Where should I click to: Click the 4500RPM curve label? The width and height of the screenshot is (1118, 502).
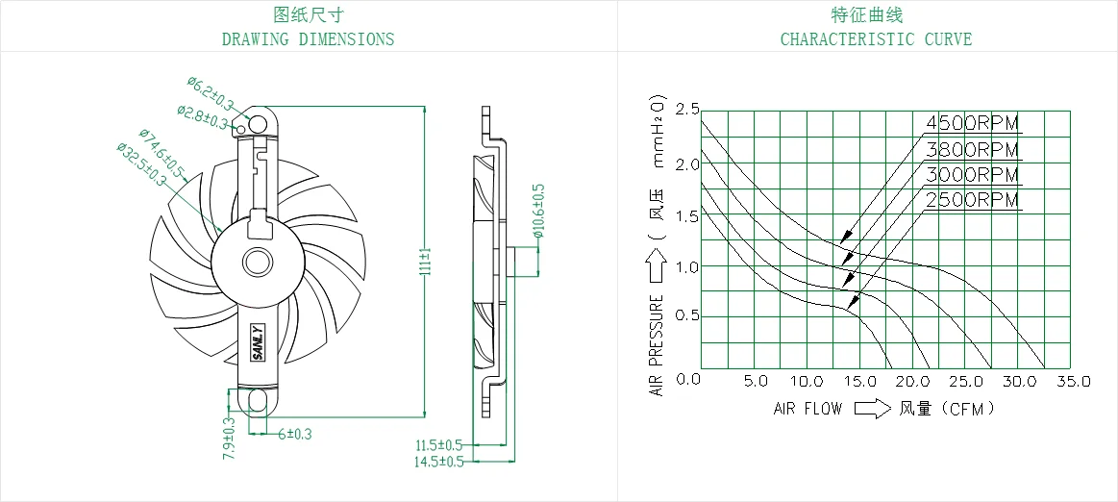click(x=973, y=123)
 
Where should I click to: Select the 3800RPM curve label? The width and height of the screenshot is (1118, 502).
click(x=973, y=149)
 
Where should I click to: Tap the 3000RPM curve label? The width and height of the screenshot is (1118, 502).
click(x=973, y=174)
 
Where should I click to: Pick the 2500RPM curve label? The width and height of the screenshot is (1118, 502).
click(x=973, y=200)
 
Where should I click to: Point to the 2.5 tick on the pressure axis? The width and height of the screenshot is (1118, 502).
click(x=688, y=110)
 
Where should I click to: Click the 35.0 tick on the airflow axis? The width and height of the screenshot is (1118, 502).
click(x=1073, y=382)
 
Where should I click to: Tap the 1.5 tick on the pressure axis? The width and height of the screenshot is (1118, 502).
click(x=688, y=216)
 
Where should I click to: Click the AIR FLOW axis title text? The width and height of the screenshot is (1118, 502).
click(x=807, y=409)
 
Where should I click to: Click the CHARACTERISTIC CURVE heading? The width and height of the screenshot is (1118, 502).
click(x=876, y=38)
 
